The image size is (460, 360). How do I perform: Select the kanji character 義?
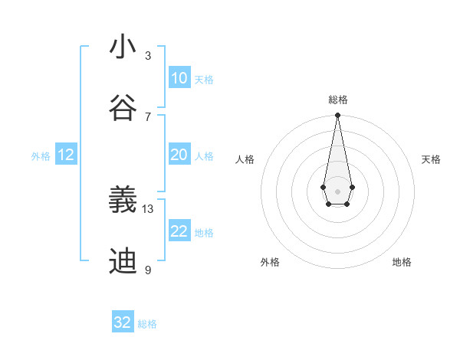[x=123, y=201]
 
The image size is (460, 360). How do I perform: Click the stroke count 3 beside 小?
[x=148, y=55]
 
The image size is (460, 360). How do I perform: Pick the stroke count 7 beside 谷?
[x=148, y=116]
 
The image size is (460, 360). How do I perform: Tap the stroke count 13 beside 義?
[x=148, y=208]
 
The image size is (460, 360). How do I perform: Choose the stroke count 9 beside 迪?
[x=148, y=270]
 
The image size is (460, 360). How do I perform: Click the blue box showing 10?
[x=179, y=78]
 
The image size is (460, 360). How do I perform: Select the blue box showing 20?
[x=179, y=155]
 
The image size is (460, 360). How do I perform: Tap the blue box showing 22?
[x=179, y=231]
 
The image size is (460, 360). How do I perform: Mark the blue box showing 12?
[x=66, y=155]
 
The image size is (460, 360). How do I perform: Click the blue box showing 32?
[x=123, y=322]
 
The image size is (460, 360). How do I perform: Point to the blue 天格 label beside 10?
[x=204, y=80]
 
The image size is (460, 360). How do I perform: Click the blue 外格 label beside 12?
[x=41, y=156]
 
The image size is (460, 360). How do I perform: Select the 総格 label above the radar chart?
[x=338, y=100]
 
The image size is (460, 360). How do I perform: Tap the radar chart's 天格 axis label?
[x=432, y=159]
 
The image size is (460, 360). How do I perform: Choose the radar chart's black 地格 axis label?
[x=402, y=262]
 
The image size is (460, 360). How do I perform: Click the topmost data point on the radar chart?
[x=337, y=116]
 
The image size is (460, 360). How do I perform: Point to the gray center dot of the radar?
[x=337, y=191]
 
